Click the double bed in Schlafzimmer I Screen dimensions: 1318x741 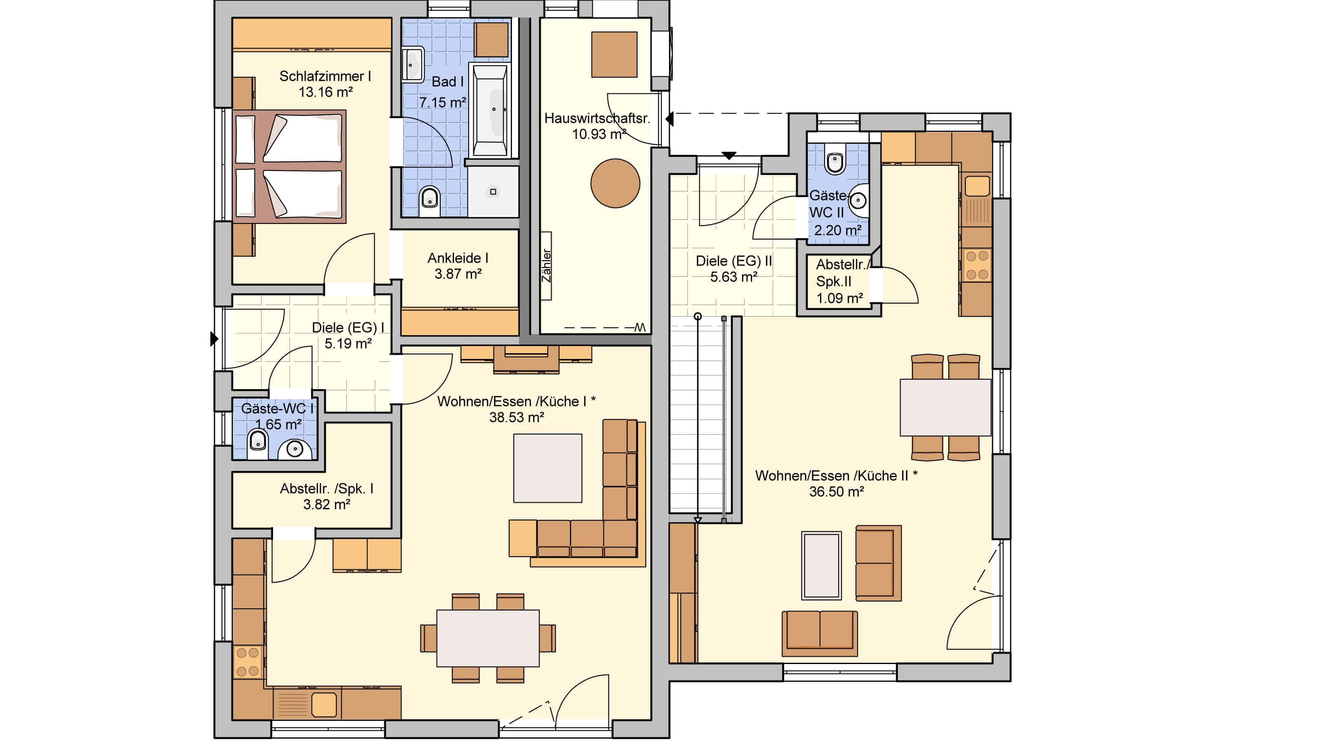click(290, 167)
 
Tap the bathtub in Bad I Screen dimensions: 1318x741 click(491, 110)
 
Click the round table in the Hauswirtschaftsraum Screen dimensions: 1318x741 click(615, 183)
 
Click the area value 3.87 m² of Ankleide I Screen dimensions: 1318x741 click(458, 274)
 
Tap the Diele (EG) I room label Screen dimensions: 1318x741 click(348, 327)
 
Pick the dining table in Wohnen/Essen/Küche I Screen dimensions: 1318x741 click(488, 638)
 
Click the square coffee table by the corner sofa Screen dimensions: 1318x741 click(547, 468)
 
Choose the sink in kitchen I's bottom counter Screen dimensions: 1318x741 click(323, 705)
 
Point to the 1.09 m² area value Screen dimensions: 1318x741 click(840, 298)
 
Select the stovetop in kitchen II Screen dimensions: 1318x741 click(977, 265)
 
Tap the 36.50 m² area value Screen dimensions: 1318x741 click(837, 492)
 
